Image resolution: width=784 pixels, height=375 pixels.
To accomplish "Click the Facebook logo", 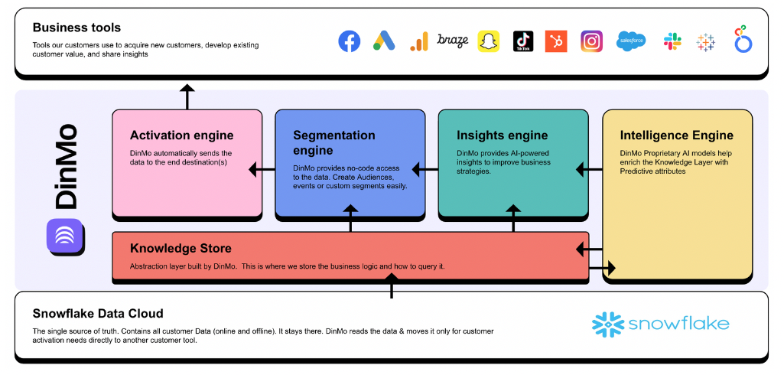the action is pyautogui.click(x=350, y=41).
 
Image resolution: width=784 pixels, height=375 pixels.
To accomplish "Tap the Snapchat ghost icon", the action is pyautogui.click(x=489, y=41).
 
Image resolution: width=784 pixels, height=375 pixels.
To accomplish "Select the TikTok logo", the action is pyautogui.click(x=523, y=41).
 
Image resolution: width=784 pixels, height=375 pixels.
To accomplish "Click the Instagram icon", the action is pyautogui.click(x=591, y=41).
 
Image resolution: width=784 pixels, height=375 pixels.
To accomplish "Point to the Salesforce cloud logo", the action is pyautogui.click(x=631, y=41).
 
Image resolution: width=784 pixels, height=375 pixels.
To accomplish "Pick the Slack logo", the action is pyautogui.click(x=672, y=41).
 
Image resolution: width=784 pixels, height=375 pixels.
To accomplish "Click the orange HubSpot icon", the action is pyautogui.click(x=556, y=41).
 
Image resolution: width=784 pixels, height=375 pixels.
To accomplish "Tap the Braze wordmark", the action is pyautogui.click(x=453, y=41).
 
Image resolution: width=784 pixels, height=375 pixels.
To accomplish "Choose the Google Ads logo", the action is pyautogui.click(x=384, y=41).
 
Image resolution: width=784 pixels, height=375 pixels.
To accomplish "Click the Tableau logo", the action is pyautogui.click(x=705, y=42).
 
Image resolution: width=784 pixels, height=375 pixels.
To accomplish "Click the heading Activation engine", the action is pyautogui.click(x=181, y=135).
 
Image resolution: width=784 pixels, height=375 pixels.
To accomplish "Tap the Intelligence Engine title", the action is pyautogui.click(x=676, y=135).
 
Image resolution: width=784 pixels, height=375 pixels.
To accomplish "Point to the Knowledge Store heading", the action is pyautogui.click(x=181, y=248).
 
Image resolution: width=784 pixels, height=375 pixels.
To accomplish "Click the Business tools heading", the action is pyautogui.click(x=76, y=27).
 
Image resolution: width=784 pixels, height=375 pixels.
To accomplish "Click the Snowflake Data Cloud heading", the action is pyautogui.click(x=98, y=314).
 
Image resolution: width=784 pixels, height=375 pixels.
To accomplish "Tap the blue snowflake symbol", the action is pyautogui.click(x=608, y=324).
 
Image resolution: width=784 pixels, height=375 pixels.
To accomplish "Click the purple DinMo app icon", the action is pyautogui.click(x=64, y=236).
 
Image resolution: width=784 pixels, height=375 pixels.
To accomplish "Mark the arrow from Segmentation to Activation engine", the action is pyautogui.click(x=262, y=170).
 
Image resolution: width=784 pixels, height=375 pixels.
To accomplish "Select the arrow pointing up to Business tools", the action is pyautogui.click(x=187, y=96).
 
